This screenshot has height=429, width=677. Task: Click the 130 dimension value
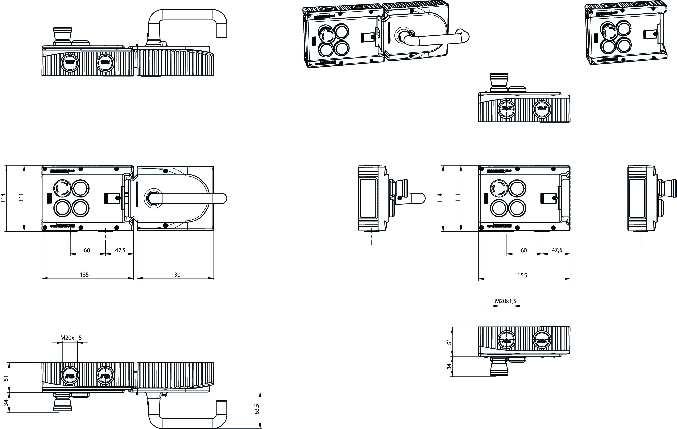click(176, 275)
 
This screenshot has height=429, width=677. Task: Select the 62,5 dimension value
click(257, 409)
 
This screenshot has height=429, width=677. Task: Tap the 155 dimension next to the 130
click(84, 275)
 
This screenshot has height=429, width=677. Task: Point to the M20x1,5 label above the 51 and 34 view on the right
click(505, 301)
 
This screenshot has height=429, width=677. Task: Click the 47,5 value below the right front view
click(557, 250)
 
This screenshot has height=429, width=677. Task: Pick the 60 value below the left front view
click(87, 250)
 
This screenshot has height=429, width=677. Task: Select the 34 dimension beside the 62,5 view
click(6, 403)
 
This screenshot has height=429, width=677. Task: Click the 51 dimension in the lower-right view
click(449, 342)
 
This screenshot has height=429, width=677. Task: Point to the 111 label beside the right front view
click(458, 198)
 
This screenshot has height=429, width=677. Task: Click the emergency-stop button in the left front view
click(61, 188)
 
